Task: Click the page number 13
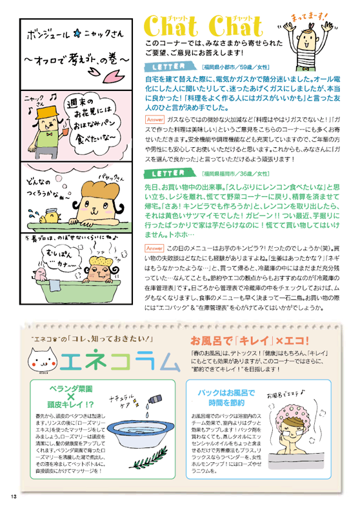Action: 14,496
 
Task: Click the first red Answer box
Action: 155,119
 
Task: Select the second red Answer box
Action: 154,249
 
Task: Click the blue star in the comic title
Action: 77,34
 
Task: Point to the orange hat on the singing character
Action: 47,112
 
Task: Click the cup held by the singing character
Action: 66,132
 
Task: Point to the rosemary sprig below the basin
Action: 149,458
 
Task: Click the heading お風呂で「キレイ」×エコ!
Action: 249,340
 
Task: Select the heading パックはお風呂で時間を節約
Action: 226,398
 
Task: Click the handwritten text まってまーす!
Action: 309,16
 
